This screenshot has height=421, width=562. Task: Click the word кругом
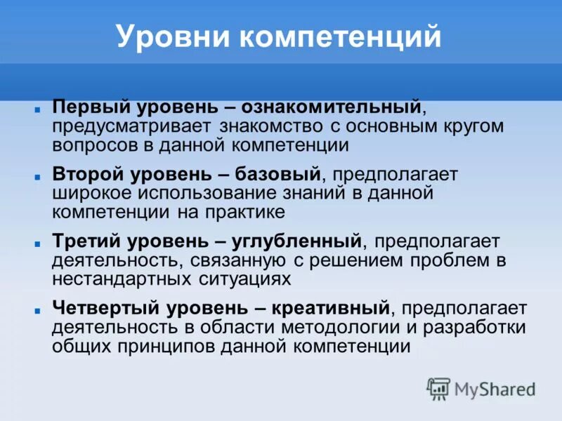473,126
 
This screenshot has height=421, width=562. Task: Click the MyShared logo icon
438,388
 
